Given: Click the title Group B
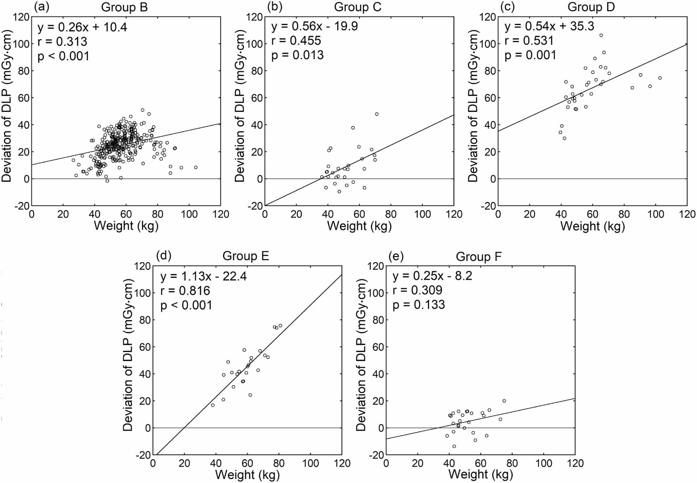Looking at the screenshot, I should tap(124, 7).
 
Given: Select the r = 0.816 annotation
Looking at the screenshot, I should tap(185, 291).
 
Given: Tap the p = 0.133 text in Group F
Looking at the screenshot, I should tap(419, 305).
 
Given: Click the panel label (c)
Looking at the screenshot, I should tap(507, 6).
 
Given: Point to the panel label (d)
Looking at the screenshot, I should tap(164, 255).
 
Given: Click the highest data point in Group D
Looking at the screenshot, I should tap(601, 36).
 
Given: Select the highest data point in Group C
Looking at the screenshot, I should tap(377, 114).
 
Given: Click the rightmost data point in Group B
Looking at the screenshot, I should tap(196, 167).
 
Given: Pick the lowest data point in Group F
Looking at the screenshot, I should tap(454, 447).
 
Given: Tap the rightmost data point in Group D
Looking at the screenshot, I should tap(660, 78).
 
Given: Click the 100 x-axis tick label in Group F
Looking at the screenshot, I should tap(543, 463).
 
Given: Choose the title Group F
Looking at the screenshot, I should tap(478, 257).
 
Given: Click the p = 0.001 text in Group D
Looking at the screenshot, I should tap(530, 55).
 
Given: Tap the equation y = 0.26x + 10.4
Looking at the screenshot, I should tap(82, 27).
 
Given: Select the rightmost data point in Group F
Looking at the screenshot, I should tap(504, 401).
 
